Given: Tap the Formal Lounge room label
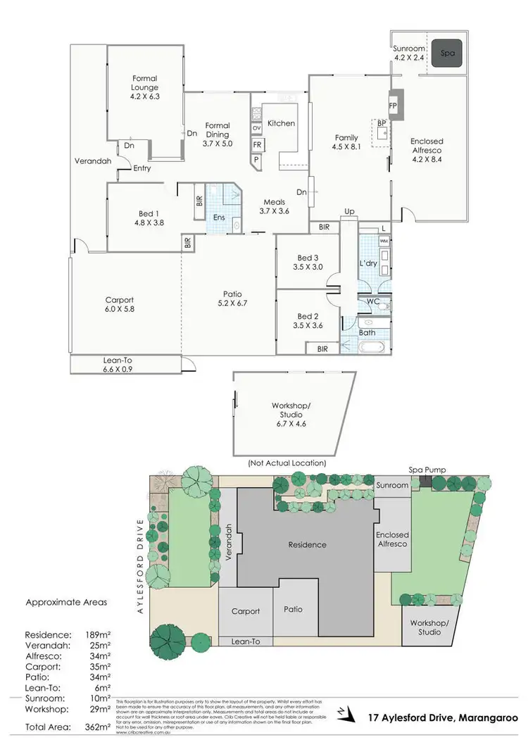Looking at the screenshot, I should (x=145, y=87).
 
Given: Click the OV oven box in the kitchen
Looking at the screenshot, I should (x=258, y=127).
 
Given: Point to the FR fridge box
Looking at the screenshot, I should (x=258, y=145).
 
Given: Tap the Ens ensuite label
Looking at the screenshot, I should (x=219, y=217).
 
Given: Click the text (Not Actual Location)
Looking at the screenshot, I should (x=287, y=463).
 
